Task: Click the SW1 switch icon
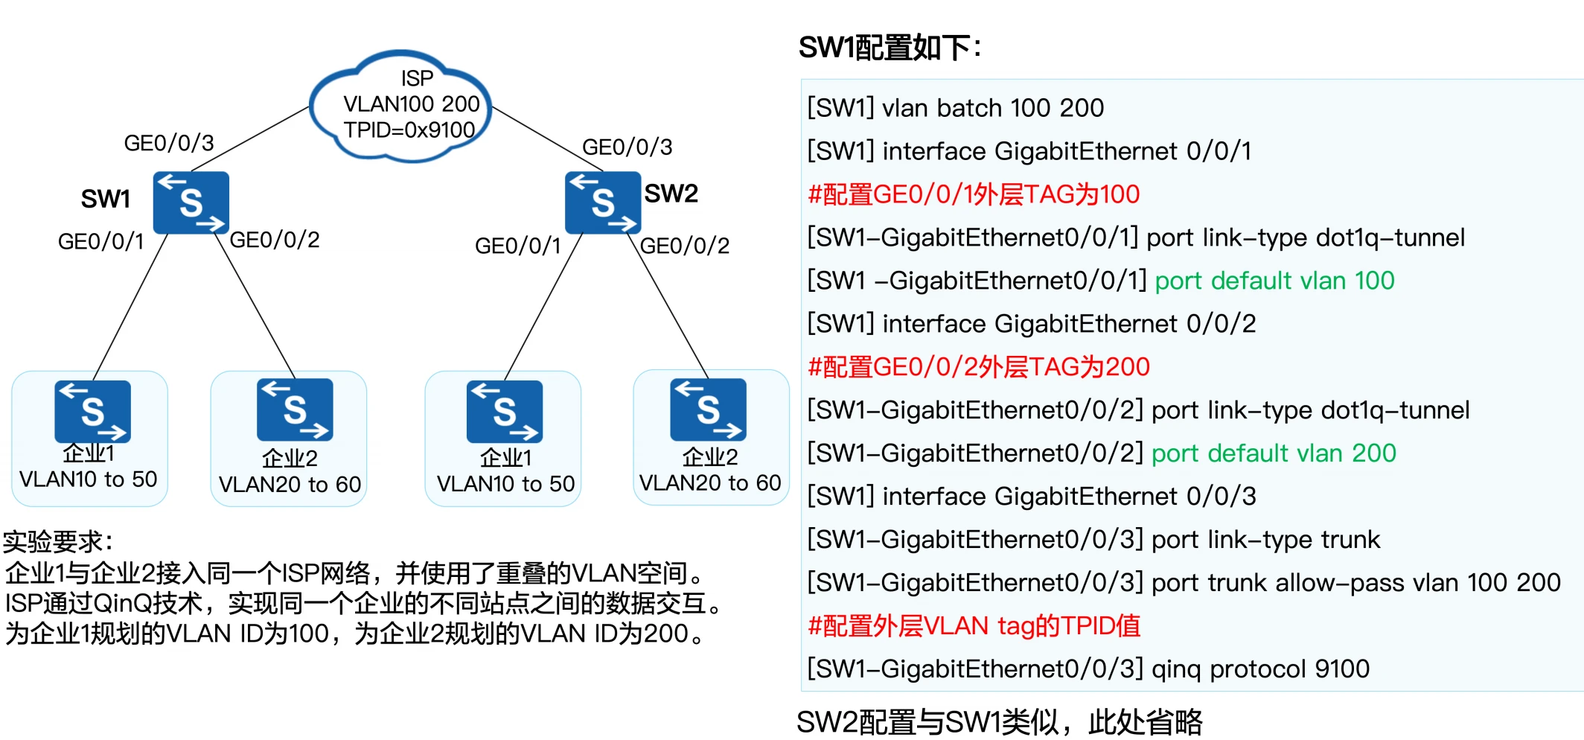(x=191, y=202)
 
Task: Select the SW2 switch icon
(x=602, y=202)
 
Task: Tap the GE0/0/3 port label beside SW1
(x=169, y=143)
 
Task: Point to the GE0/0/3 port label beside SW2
(x=627, y=147)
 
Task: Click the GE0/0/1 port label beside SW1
(x=100, y=241)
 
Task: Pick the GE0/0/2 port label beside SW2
(x=684, y=246)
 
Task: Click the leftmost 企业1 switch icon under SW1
(x=92, y=411)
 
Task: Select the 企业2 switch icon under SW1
(x=295, y=409)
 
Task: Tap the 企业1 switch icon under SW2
(x=505, y=411)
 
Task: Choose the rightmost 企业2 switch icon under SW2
(x=708, y=409)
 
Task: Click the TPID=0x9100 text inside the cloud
(x=409, y=130)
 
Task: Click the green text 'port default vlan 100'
(x=1274, y=281)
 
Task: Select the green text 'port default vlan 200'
(x=1274, y=453)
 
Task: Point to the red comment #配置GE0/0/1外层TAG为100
(x=974, y=194)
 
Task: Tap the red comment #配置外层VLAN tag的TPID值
(x=974, y=626)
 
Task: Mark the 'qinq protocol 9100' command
(x=1260, y=669)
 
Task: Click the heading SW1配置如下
(x=890, y=48)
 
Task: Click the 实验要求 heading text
(x=57, y=542)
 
